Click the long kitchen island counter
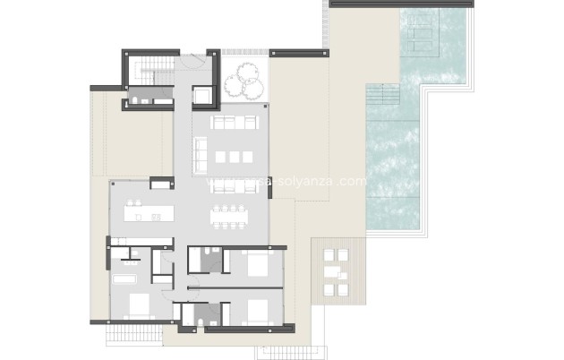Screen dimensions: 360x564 pos(151,214)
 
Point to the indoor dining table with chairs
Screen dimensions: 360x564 pos(231,215)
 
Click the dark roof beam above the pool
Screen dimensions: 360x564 pos(400,4)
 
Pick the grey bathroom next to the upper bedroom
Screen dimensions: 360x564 pos(210,261)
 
